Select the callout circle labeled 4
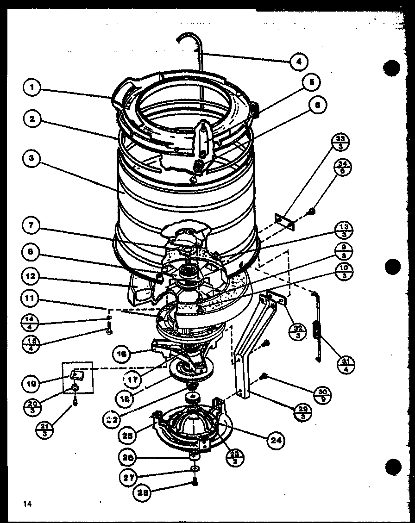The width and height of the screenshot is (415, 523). [x=299, y=61]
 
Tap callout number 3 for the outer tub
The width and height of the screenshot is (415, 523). [x=31, y=158]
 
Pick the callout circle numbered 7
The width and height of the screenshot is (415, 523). [x=31, y=227]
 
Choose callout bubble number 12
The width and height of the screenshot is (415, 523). [x=31, y=277]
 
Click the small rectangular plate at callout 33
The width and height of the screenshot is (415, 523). [x=284, y=222]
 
